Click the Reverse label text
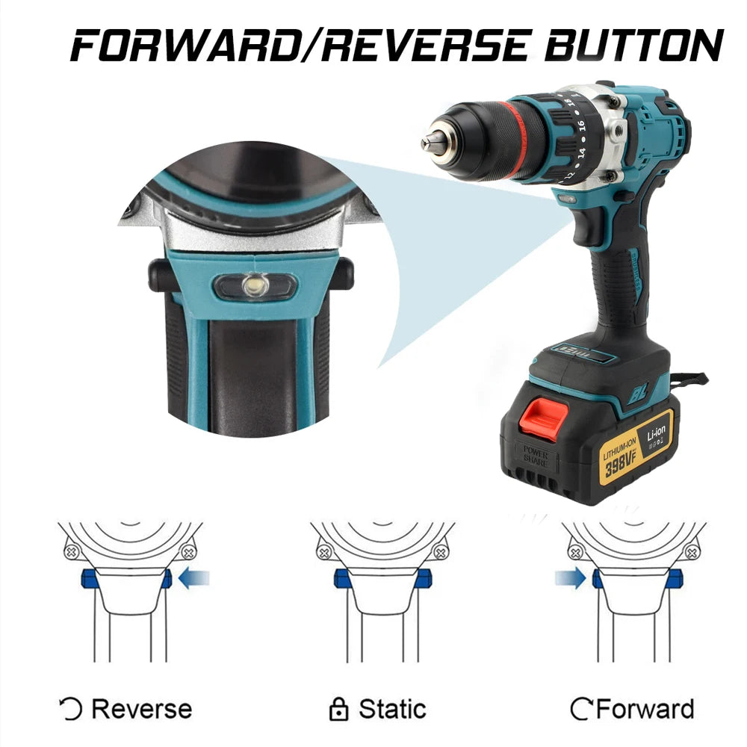pyautogui.click(x=141, y=708)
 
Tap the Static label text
pyautogui.click(x=392, y=708)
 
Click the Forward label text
pyautogui.click(x=644, y=708)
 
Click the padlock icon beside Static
pyautogui.click(x=339, y=708)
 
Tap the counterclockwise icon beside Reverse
pyautogui.click(x=70, y=708)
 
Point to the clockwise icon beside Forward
pyautogui.click(x=580, y=708)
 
